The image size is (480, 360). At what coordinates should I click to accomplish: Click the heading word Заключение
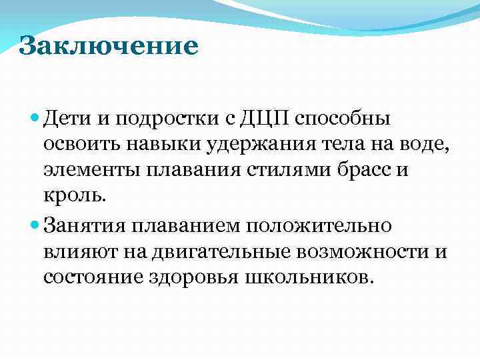109,47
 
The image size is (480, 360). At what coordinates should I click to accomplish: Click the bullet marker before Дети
35,118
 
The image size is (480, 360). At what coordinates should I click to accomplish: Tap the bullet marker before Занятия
35,225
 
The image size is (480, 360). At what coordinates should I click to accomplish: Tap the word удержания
244,145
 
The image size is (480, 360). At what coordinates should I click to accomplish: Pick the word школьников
311,276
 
